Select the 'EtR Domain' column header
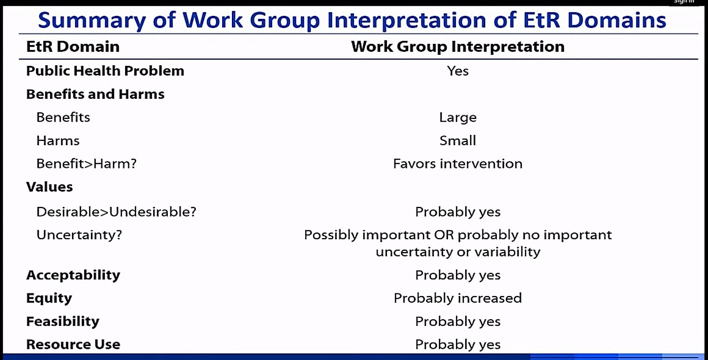coord(73,46)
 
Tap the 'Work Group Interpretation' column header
coord(458,46)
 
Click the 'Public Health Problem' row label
coord(105,71)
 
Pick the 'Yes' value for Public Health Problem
coord(458,71)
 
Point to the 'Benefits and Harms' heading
coord(95,94)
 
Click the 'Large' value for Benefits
coord(458,118)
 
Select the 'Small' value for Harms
coord(458,140)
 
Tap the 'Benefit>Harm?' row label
coord(86,164)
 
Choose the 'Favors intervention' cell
coord(458,164)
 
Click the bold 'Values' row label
coord(49,187)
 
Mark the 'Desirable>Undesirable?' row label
coord(117,212)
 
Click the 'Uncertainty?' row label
coord(79,235)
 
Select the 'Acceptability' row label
coord(73,275)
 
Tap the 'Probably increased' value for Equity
coord(458,298)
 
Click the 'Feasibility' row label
coord(63,322)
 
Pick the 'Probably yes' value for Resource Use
coord(458,345)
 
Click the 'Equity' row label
coord(49,298)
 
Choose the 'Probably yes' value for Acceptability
coord(458,275)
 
